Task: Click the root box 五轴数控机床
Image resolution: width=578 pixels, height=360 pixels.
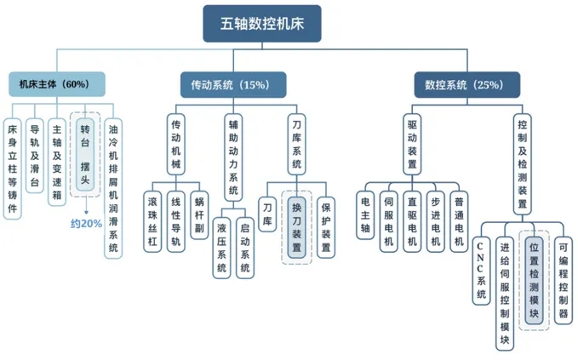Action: pyautogui.click(x=261, y=24)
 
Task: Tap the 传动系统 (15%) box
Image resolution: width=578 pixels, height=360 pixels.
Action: pyautogui.click(x=224, y=84)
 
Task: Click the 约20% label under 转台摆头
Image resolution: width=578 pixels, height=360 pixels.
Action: pyautogui.click(x=86, y=224)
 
